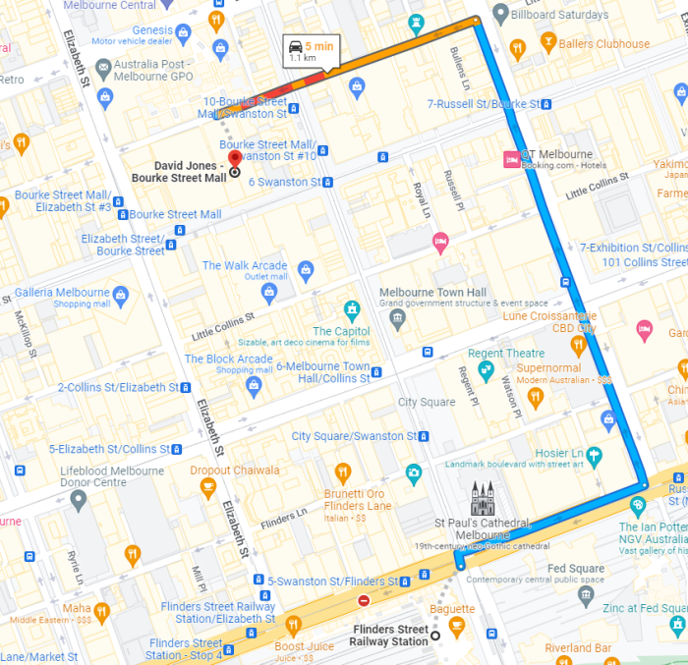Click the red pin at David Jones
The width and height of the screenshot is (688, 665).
coord(234,160)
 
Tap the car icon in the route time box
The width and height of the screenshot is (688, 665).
coord(294,46)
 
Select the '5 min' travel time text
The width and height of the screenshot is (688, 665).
coord(319,46)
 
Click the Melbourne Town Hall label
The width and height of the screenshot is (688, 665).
coord(432,293)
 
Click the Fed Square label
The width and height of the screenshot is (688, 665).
coord(576,569)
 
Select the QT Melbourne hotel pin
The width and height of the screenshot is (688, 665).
coord(511,158)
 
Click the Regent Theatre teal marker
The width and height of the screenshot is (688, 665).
coord(485,370)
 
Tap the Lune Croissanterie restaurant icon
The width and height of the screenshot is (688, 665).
coord(579,345)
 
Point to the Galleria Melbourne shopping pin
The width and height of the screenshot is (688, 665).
coord(121,295)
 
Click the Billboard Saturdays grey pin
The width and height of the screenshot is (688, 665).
coord(500,14)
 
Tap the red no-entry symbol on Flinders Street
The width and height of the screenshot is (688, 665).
coord(364,600)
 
